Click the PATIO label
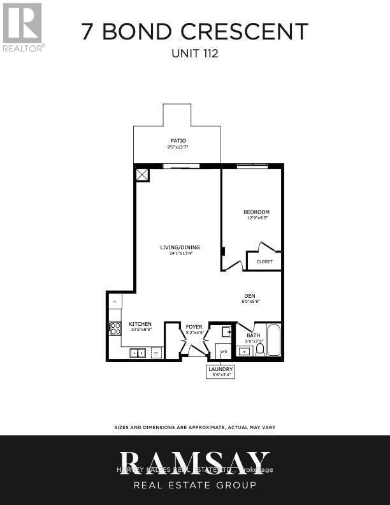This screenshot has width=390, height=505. pyautogui.click(x=178, y=140)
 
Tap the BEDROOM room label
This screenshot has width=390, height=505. pyautogui.click(x=256, y=212)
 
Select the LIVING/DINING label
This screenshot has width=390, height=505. pyautogui.click(x=180, y=247)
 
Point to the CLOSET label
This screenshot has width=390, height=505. pyautogui.click(x=264, y=261)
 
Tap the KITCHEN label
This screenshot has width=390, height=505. pyautogui.click(x=140, y=324)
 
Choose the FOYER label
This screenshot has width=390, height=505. pyautogui.click(x=194, y=327)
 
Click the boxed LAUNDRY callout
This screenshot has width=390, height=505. pyautogui.click(x=220, y=372)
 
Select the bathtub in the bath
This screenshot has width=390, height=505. pyautogui.click(x=273, y=340)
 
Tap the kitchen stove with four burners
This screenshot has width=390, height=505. pyautogui.click(x=115, y=328)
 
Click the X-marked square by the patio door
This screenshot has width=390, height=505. pyautogui.click(x=142, y=174)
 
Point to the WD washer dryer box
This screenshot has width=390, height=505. pyautogui.click(x=223, y=351)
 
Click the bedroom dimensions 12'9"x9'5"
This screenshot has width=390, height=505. pyautogui.click(x=256, y=218)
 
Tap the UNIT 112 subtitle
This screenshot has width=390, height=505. pyautogui.click(x=194, y=54)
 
